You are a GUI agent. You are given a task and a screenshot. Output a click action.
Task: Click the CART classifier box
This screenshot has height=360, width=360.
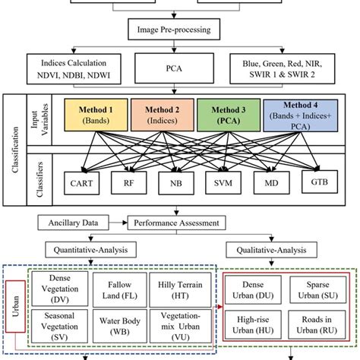click(x=81, y=184)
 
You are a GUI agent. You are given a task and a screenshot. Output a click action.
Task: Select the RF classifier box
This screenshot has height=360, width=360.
click(x=129, y=184)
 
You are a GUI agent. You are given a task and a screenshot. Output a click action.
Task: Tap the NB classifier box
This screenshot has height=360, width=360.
click(x=177, y=184)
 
